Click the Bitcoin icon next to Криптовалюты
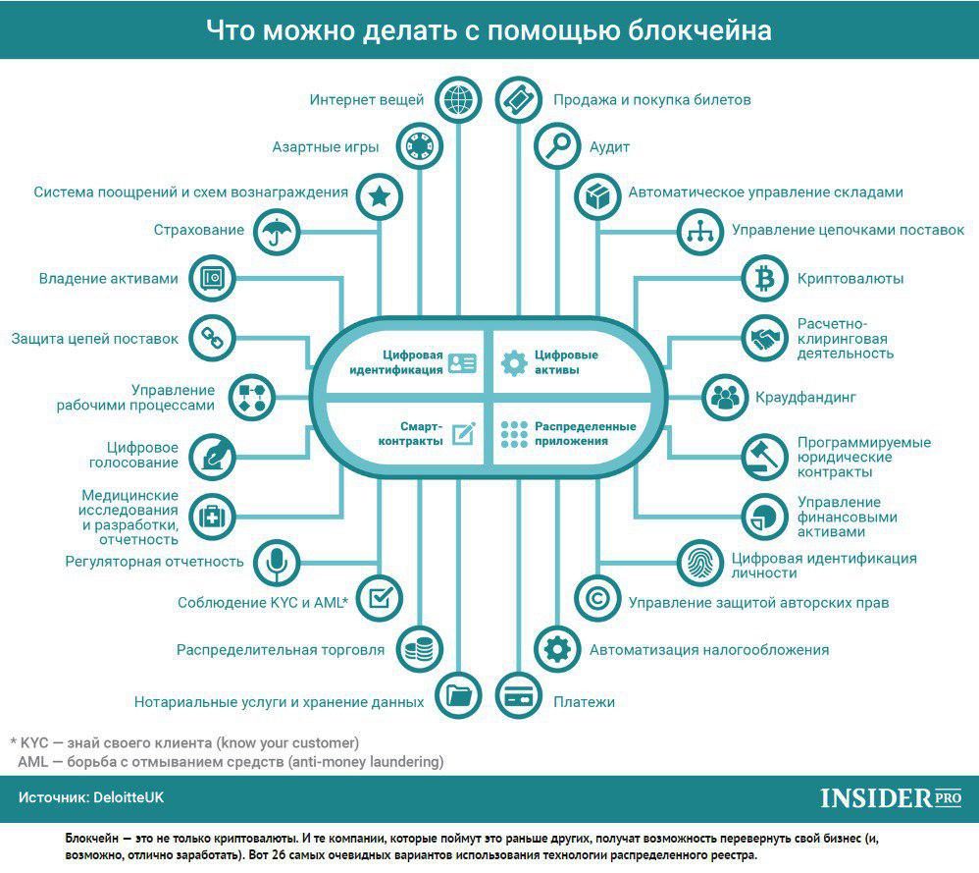point(765,278)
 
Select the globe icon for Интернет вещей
point(458,99)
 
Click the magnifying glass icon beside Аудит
point(557,146)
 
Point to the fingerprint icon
point(699,563)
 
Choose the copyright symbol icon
point(596,599)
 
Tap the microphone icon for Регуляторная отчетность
point(277,562)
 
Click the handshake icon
point(765,339)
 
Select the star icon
point(380,196)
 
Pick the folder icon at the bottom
point(458,695)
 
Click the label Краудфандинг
point(805,398)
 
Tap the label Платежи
point(584,702)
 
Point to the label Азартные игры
point(326,147)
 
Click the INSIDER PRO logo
point(891,798)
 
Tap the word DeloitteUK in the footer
point(129,797)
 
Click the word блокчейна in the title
point(699,30)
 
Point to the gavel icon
point(765,457)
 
